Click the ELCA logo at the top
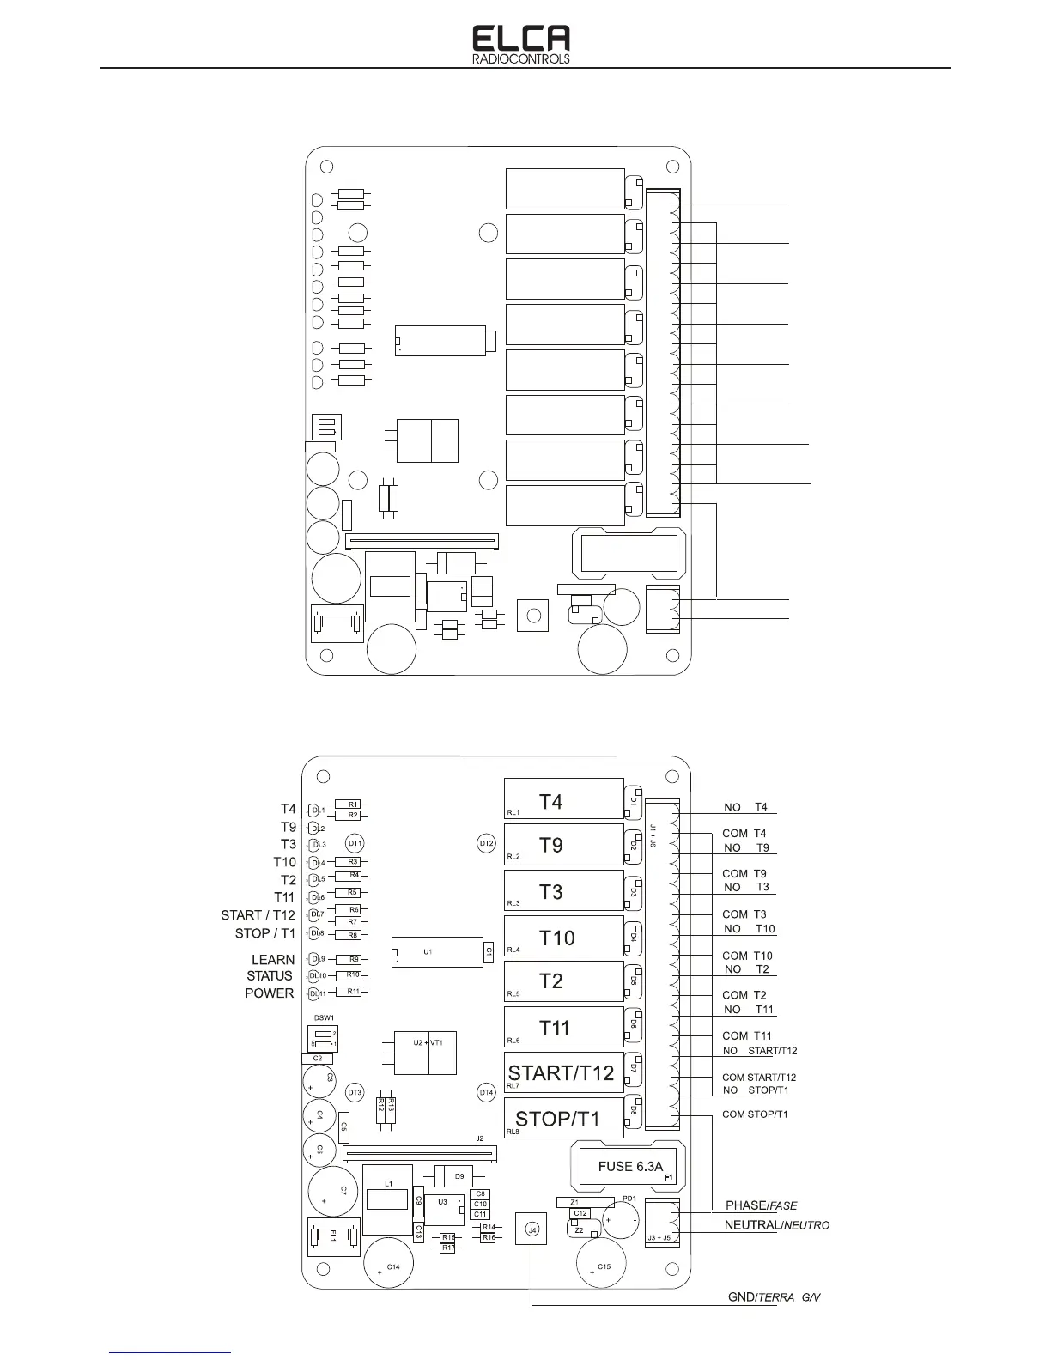pos(521,44)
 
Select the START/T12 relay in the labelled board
pos(562,1072)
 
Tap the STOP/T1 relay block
pos(562,1118)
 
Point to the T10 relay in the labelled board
pos(562,937)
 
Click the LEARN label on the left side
pos(273,959)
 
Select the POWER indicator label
pos(270,993)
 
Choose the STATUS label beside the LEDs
pos(270,975)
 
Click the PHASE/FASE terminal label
pos(762,1205)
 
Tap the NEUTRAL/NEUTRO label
pos(776,1225)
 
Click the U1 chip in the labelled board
pos(436,952)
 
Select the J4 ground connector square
pos(532,1229)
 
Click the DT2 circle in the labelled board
pos(487,843)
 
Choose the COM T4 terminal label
pos(744,833)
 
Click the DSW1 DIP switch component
pos(323,1037)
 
